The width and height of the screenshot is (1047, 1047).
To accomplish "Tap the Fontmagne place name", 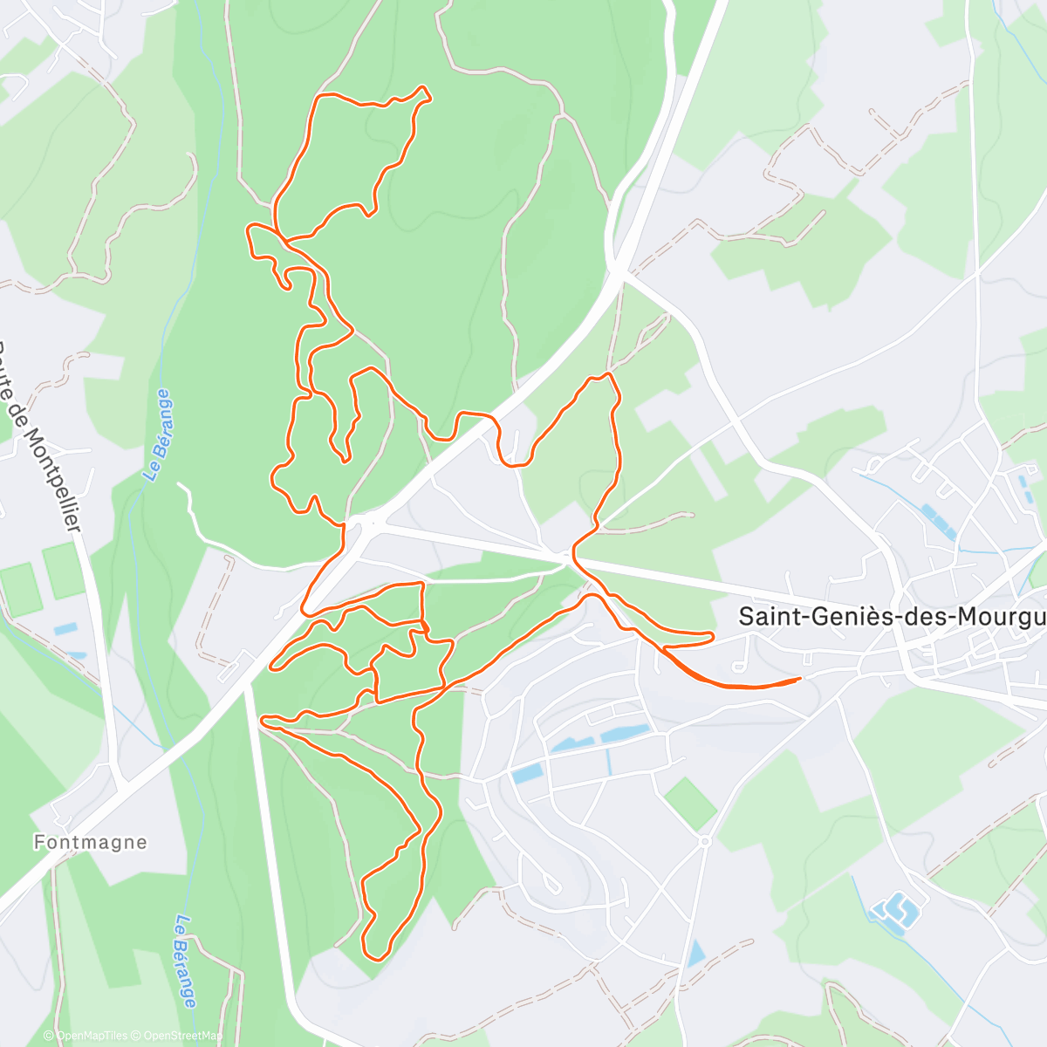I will coord(91,843).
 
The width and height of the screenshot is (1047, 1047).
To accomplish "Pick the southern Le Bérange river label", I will coord(185,960).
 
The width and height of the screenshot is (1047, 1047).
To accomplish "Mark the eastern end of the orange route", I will coord(799,678).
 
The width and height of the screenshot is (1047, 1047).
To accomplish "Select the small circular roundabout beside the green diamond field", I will coord(704,841).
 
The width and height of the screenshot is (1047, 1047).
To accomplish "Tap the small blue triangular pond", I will coord(695,954).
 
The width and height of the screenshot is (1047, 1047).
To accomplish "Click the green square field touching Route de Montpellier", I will coord(64,571).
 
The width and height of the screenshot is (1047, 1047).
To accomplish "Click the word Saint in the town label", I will coord(767,616).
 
